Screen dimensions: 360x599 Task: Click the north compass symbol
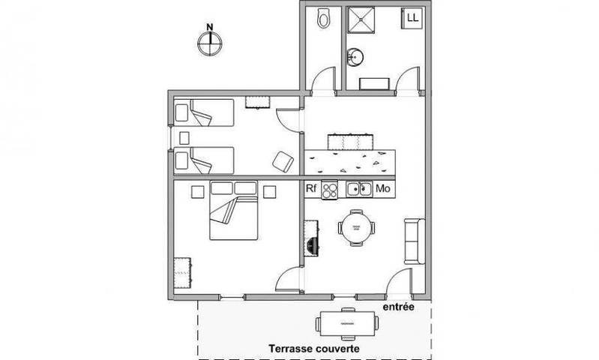pos(210,42)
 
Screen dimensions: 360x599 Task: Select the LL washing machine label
pos(413,16)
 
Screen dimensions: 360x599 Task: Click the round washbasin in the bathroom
pos(355,56)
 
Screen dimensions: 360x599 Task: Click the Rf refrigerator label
pos(312,189)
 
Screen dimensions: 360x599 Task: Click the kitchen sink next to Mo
pos(358,189)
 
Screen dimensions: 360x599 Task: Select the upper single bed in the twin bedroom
pos(204,115)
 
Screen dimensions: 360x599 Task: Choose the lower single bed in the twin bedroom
pos(204,160)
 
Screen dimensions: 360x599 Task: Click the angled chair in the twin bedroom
pos(282,160)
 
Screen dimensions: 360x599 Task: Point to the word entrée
pos(397,307)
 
